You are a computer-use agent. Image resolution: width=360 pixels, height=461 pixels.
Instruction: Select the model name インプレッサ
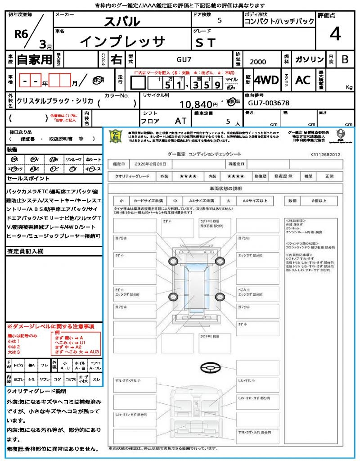123,41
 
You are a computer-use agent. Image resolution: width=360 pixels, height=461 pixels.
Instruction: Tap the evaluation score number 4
335,34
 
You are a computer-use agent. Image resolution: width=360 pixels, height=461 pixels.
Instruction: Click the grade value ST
206,42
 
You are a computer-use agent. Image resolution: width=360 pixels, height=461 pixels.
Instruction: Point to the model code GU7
183,59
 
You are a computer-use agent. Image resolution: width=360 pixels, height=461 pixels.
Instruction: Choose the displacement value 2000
258,62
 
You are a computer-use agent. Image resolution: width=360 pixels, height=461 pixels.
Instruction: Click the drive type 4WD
266,80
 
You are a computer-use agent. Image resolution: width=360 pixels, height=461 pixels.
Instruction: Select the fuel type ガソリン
308,59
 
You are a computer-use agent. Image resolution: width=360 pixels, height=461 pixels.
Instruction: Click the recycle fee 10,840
195,104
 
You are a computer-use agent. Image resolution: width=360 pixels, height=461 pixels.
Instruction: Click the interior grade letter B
345,59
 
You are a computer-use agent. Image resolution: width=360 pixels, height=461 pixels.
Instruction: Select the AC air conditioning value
303,80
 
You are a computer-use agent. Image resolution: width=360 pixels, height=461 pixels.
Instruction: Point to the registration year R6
21,35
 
